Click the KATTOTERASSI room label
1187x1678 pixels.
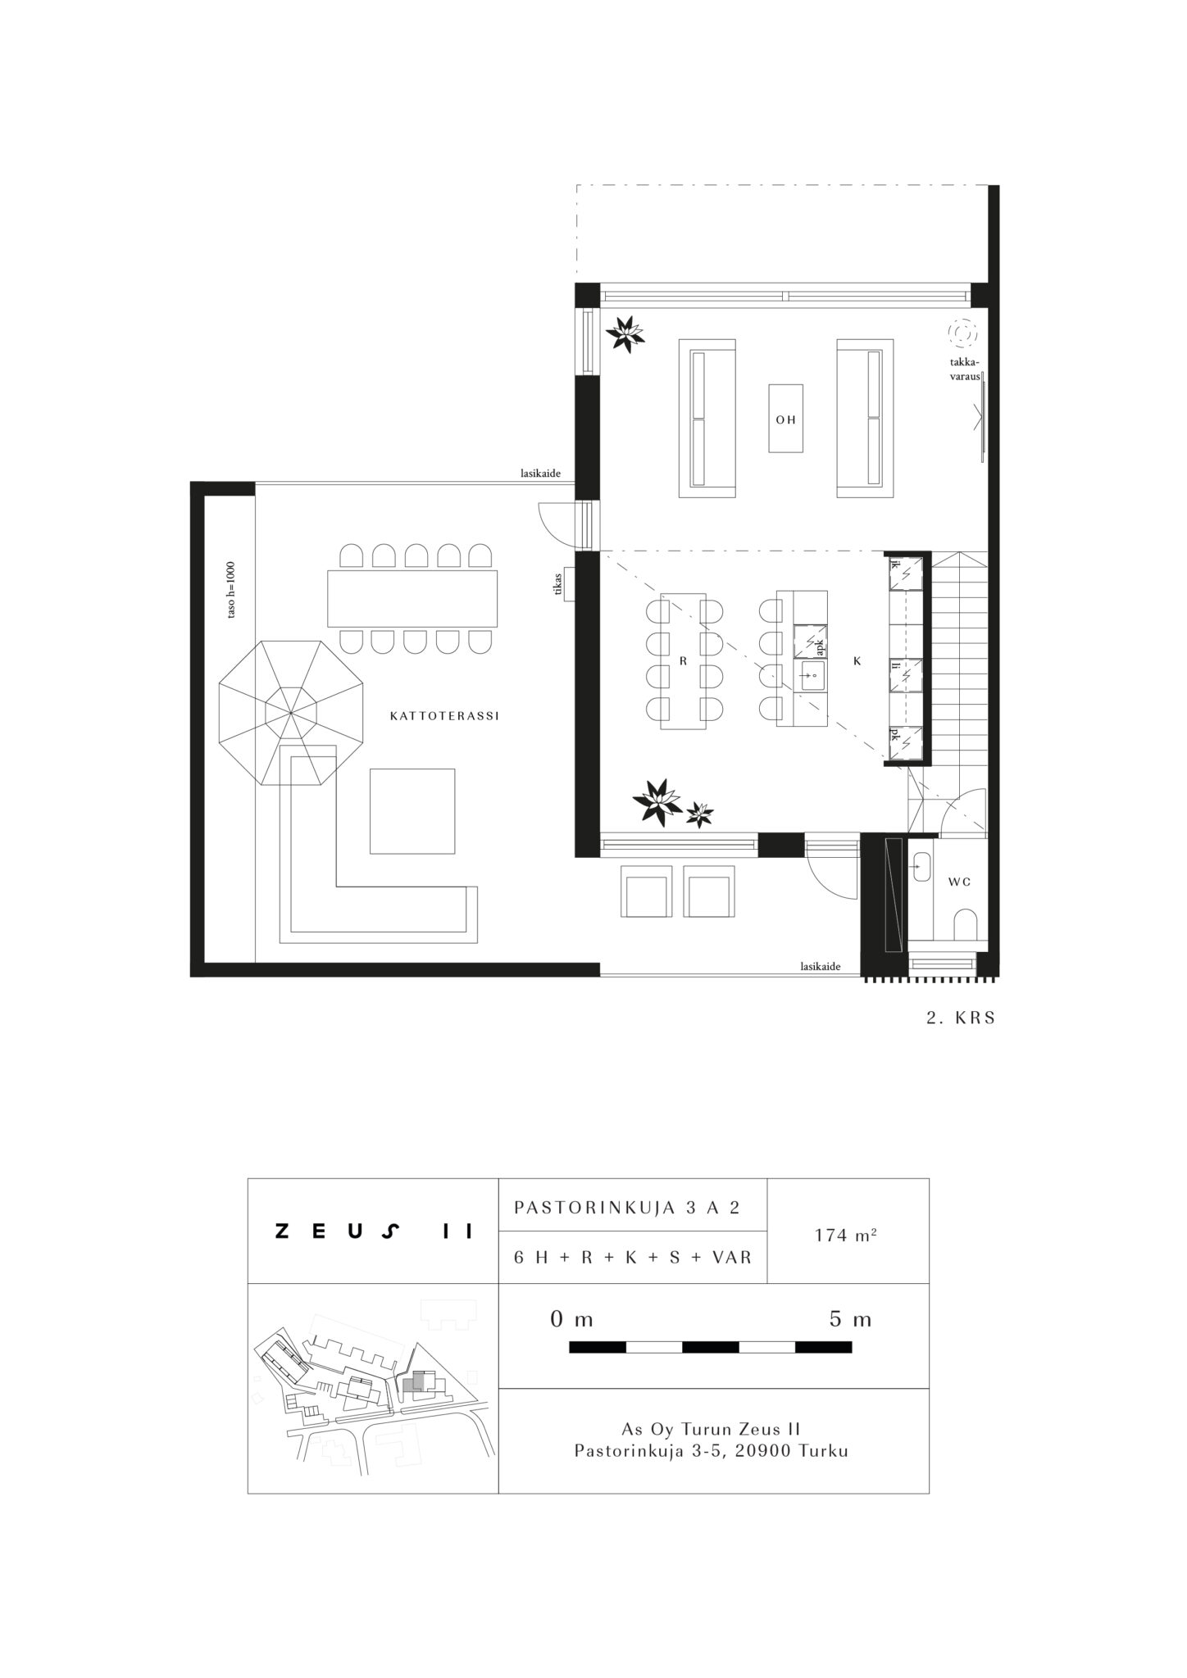[444, 716]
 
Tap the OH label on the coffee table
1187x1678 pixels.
[786, 419]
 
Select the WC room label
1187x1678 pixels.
[960, 882]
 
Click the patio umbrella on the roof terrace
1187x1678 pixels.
[292, 714]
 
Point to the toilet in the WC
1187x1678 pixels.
[966, 924]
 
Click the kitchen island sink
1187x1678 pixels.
[814, 677]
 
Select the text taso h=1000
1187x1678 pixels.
[231, 589]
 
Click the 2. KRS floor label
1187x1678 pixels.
[960, 1018]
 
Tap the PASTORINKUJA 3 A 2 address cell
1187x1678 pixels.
[627, 1208]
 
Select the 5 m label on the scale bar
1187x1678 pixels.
[850, 1320]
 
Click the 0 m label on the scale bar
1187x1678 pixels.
[572, 1320]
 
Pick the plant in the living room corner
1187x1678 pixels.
[625, 333]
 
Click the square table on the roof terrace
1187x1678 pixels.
[412, 811]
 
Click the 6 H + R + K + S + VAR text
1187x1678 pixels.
[633, 1257]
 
